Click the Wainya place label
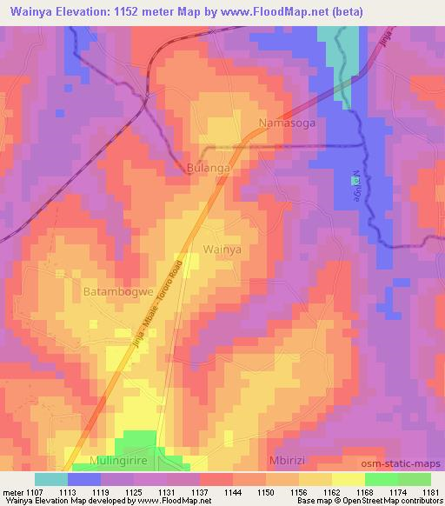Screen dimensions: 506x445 222,250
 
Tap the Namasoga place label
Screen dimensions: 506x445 288,123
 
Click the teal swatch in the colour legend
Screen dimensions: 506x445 50,478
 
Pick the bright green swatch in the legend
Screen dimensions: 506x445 381,478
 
